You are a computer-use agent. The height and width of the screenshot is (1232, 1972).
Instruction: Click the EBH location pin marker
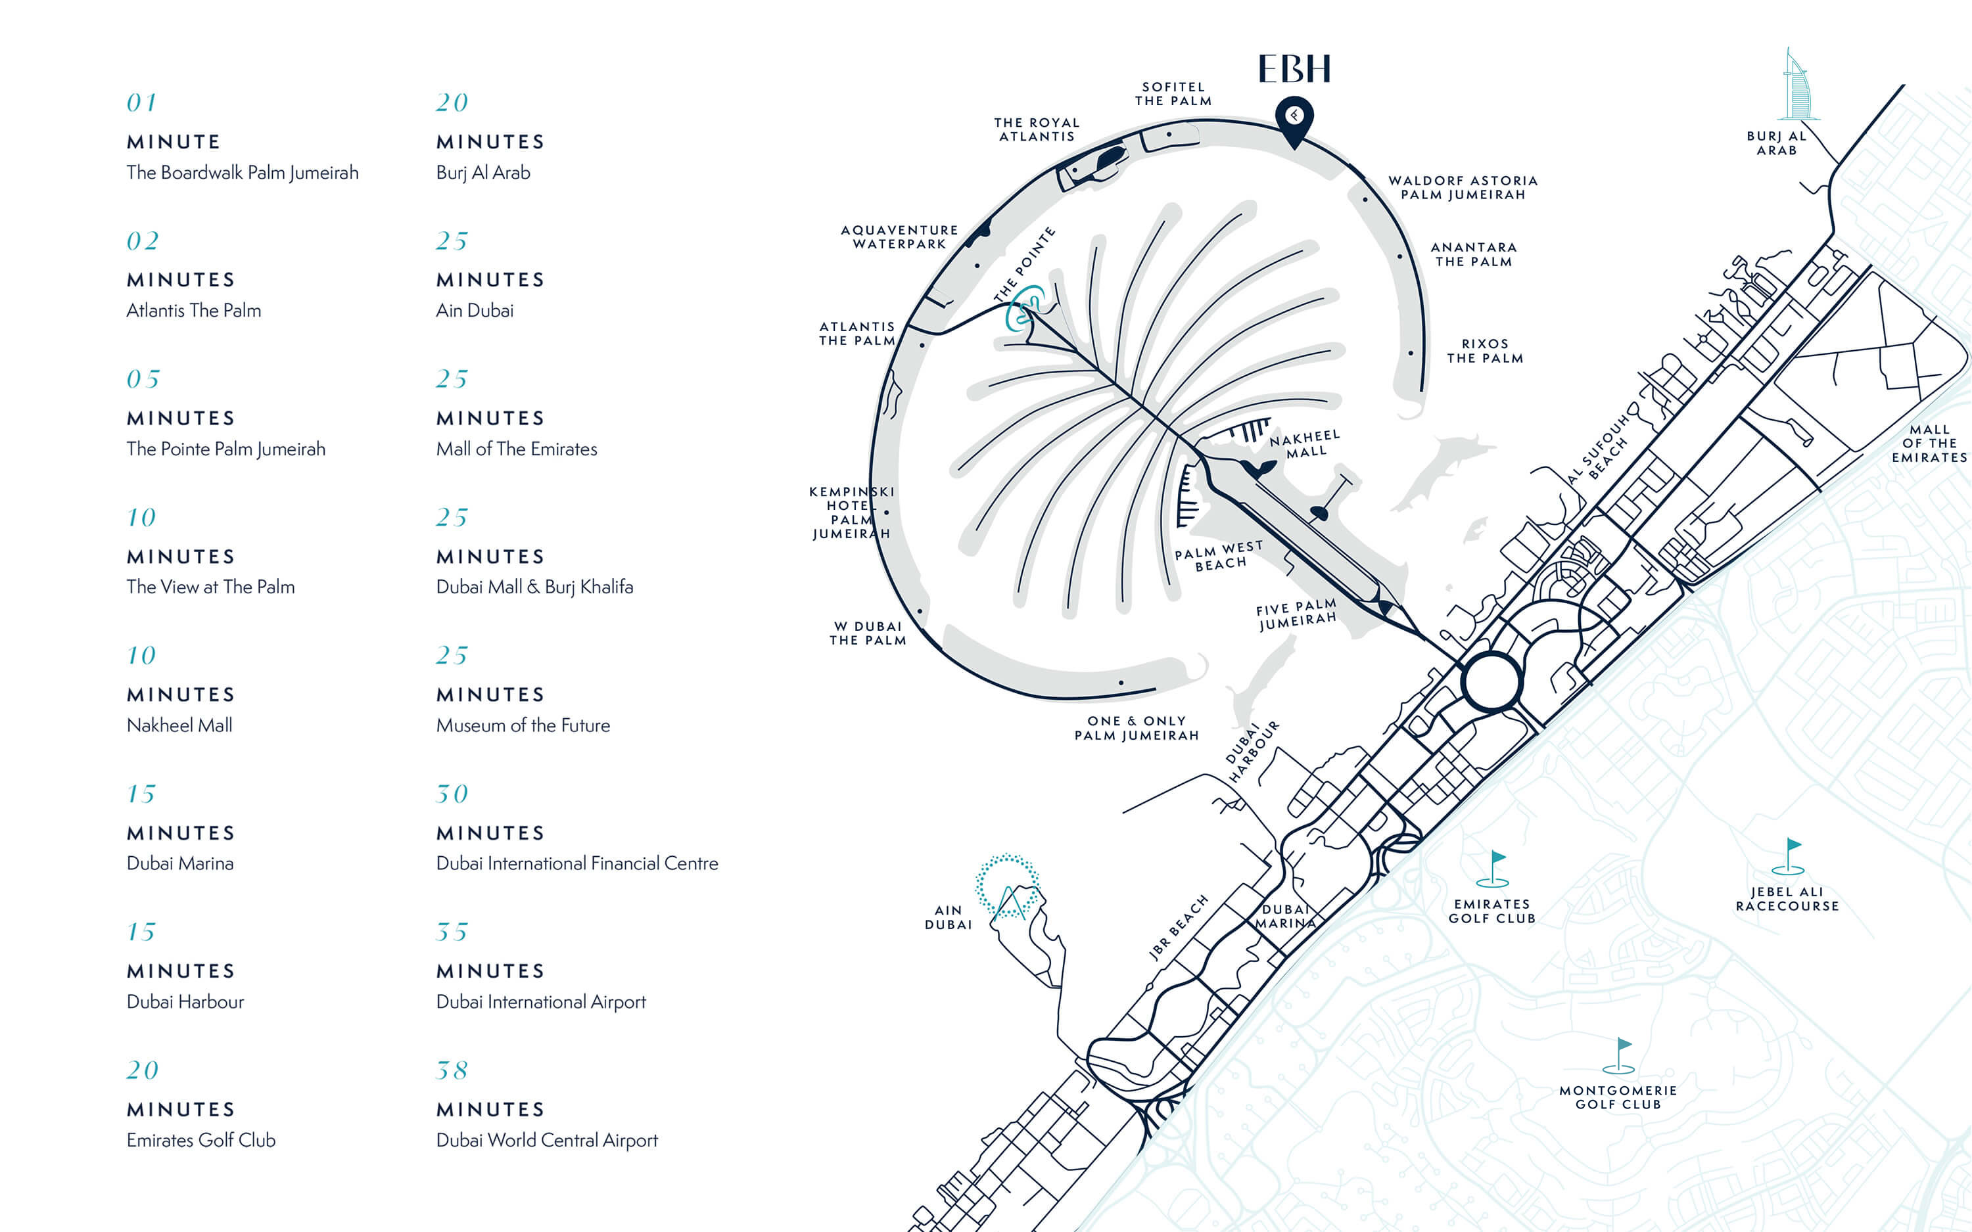coord(1294,118)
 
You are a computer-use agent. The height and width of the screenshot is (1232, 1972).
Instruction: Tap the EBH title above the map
coord(1294,69)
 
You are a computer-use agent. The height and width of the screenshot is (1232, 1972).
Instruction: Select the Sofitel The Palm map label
coord(1173,94)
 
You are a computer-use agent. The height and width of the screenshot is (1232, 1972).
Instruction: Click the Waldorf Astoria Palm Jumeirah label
coord(1463,187)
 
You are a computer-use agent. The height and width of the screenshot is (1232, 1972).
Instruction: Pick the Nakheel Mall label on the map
coord(1305,444)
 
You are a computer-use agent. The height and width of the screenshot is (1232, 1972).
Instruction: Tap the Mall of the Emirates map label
coord(1930,444)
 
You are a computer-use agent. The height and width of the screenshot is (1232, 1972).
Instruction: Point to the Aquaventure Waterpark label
coord(900,237)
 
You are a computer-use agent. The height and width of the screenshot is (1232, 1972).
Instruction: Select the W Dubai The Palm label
coord(868,633)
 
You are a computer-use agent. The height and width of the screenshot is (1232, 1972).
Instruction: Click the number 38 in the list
coord(452,1070)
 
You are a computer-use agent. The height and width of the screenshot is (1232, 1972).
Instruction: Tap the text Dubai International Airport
coord(540,1001)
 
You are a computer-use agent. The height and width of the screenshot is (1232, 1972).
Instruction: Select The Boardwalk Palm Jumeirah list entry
coord(242,173)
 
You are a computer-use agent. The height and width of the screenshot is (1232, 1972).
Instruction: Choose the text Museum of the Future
coord(523,725)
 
